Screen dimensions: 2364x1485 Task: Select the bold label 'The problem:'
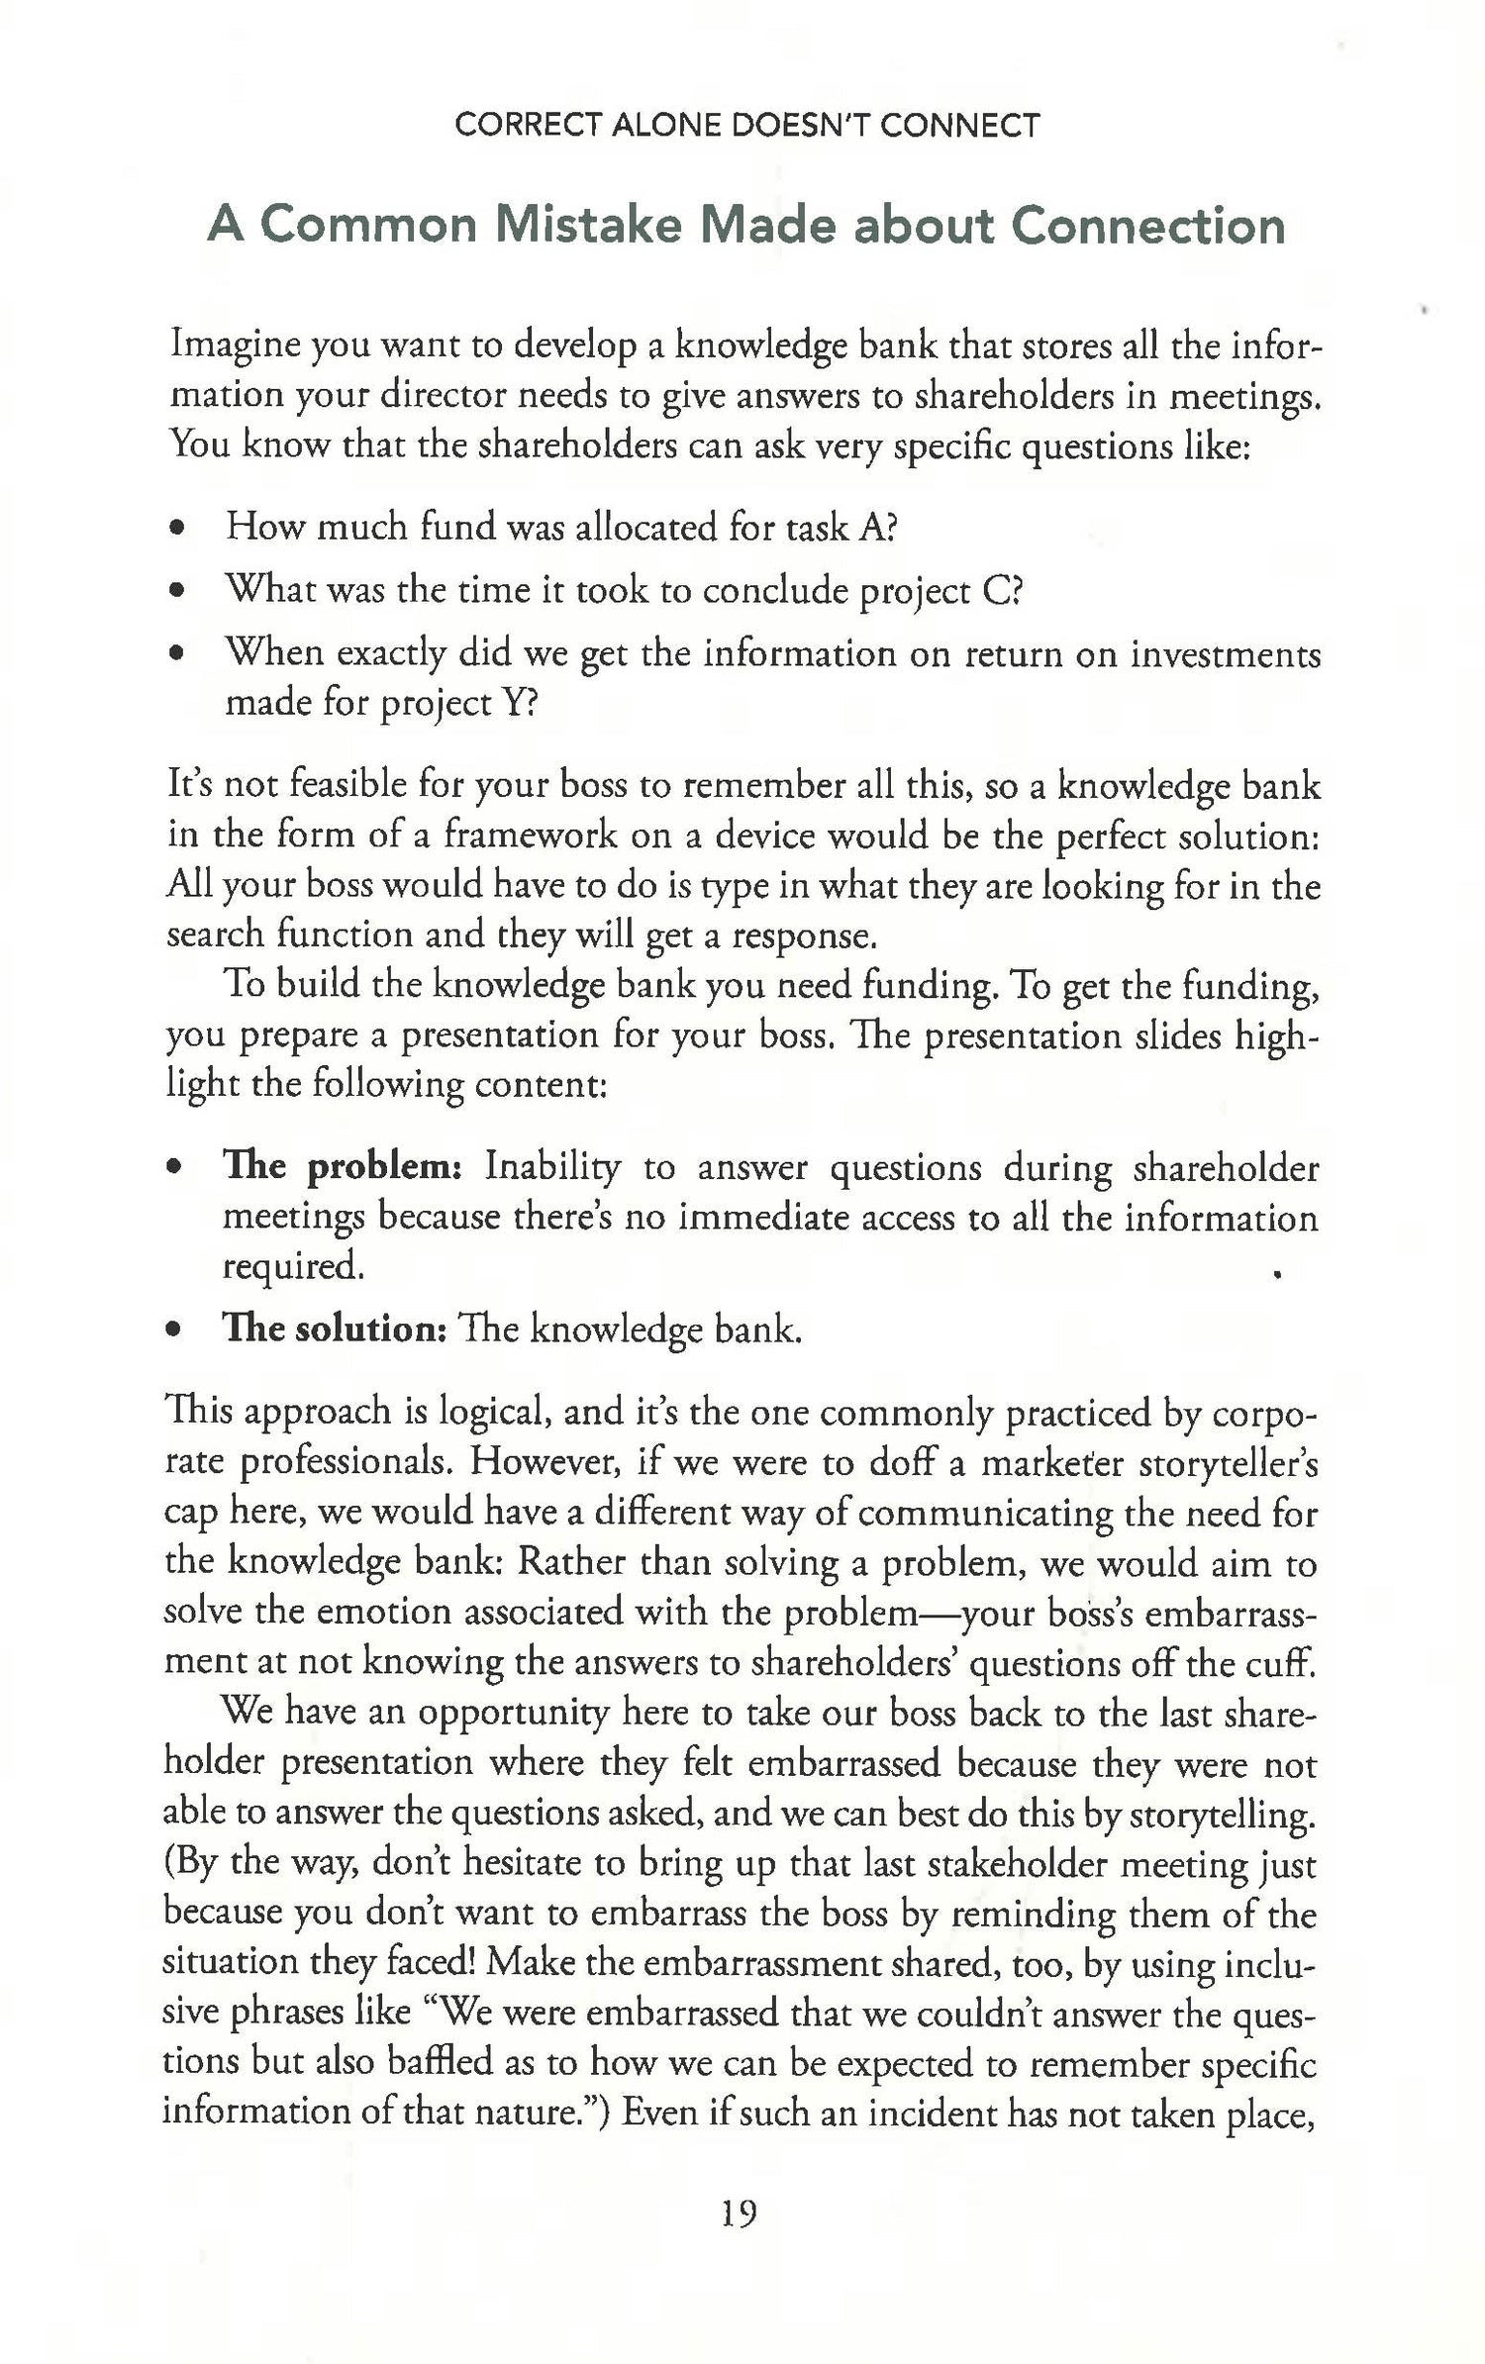(338, 1167)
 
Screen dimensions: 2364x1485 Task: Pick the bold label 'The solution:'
(336, 1329)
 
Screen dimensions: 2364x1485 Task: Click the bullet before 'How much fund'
(177, 529)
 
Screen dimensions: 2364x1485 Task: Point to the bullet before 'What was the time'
(177, 593)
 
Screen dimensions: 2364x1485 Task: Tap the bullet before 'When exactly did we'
(177, 655)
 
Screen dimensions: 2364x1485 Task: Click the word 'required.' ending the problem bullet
(293, 1266)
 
